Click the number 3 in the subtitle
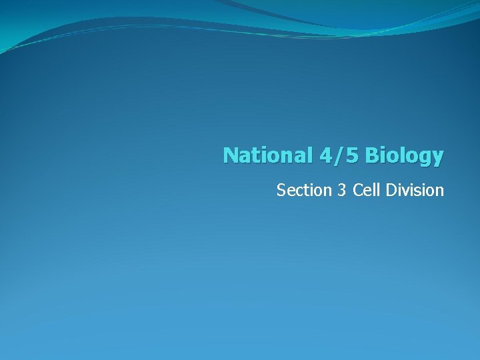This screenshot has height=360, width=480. [x=342, y=191]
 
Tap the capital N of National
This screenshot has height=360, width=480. [x=230, y=155]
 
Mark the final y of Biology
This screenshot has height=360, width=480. [x=437, y=158]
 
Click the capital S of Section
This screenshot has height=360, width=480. [x=281, y=191]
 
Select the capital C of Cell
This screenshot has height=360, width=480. [x=357, y=191]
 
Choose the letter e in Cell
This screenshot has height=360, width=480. [x=365, y=191]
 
